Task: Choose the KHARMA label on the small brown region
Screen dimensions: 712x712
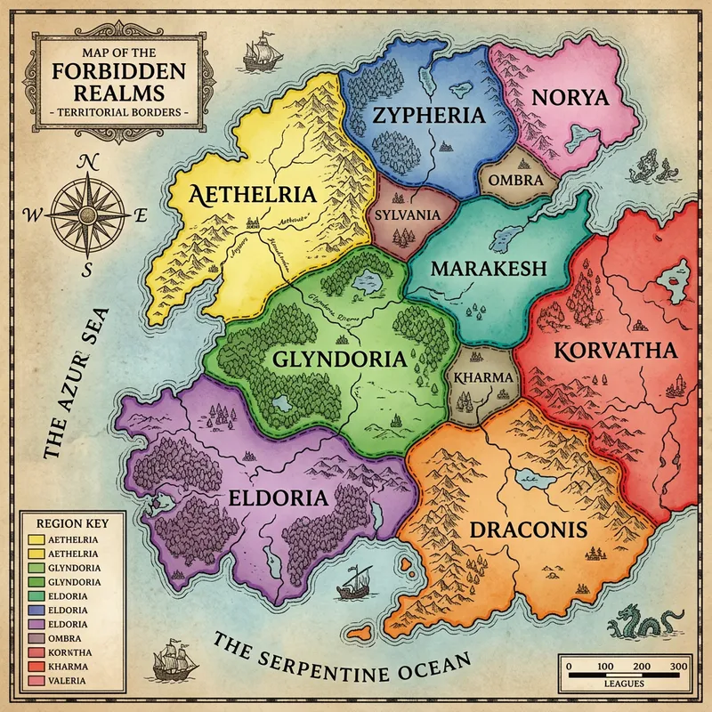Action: [483, 377]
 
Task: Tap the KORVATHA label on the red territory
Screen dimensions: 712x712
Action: [616, 350]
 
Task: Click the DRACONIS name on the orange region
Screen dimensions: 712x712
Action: [528, 530]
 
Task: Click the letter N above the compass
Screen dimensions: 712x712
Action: [87, 162]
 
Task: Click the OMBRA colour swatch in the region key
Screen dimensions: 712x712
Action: [37, 638]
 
